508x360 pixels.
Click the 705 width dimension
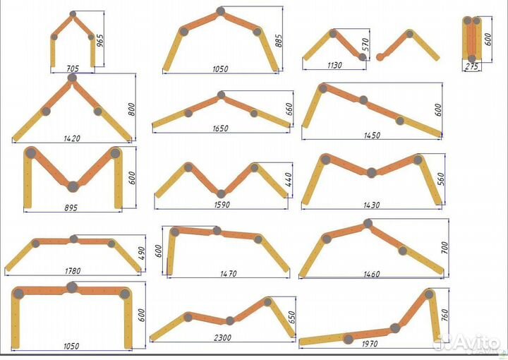[73, 68]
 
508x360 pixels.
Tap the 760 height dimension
[444, 315]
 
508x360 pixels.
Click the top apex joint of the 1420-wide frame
[71, 78]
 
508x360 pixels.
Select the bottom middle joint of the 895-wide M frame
[73, 186]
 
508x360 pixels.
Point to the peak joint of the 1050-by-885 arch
[221, 11]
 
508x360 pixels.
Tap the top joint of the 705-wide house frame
[73, 14]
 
